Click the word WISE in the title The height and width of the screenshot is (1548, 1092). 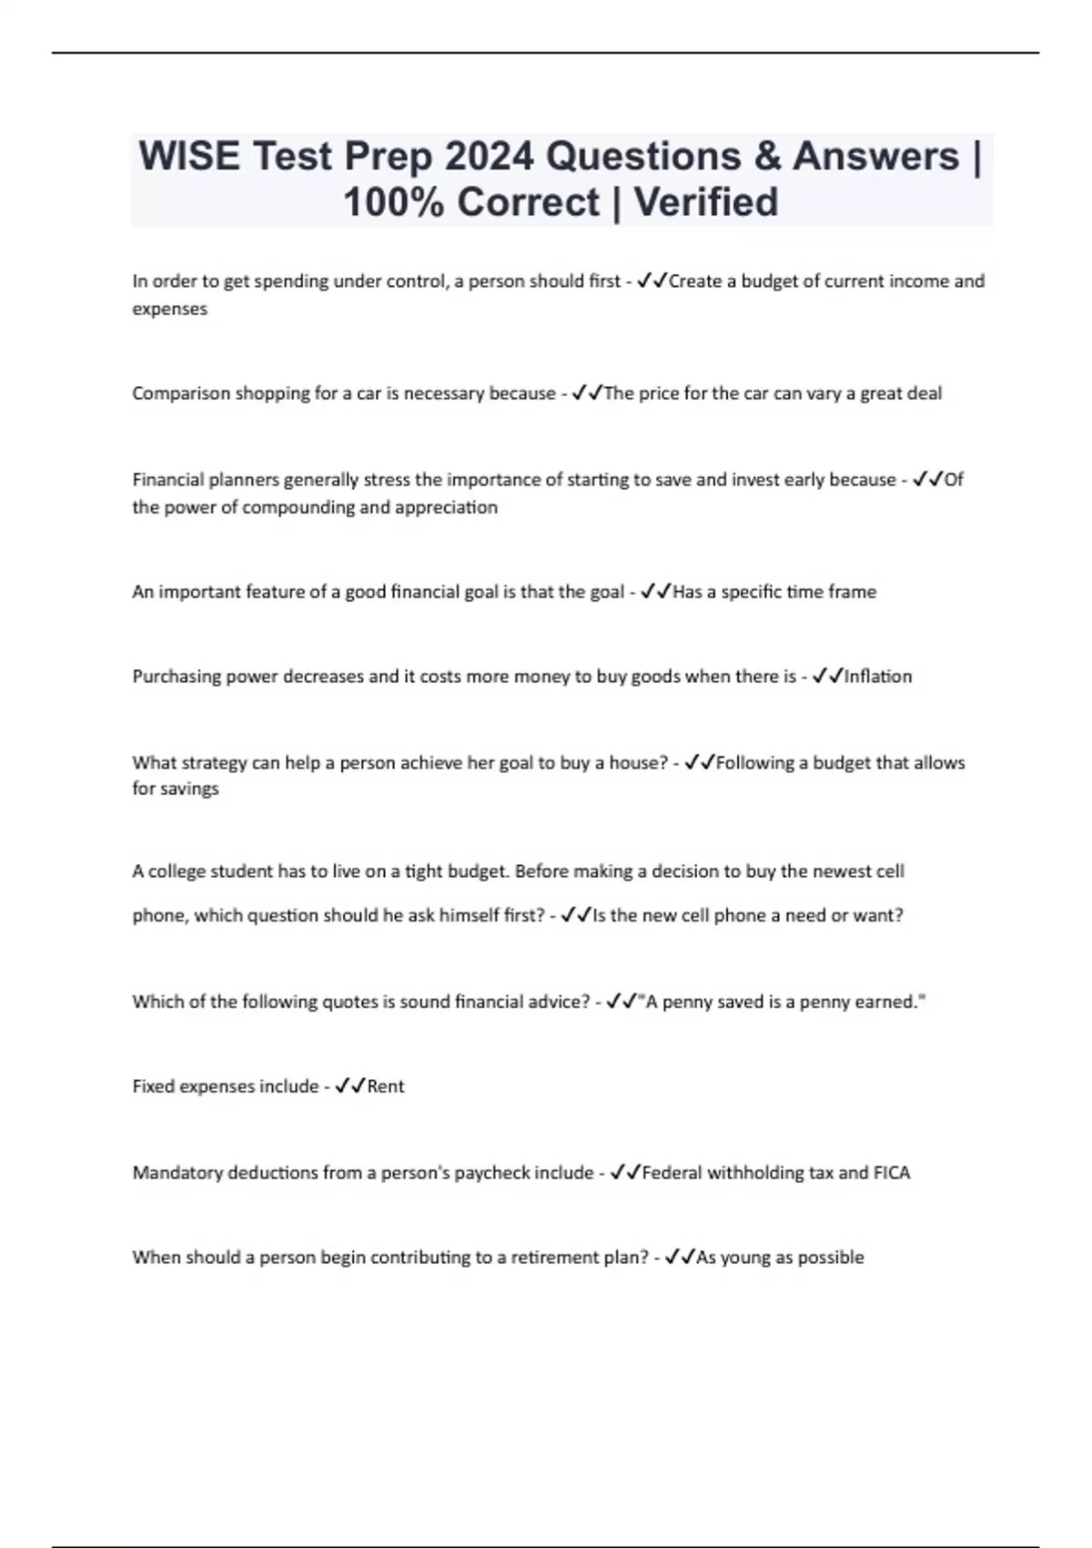click(189, 157)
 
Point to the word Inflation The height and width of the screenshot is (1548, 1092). click(878, 677)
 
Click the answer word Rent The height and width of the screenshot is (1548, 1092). click(386, 1086)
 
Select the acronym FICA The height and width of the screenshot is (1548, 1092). click(892, 1173)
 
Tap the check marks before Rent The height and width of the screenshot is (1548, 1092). click(350, 1086)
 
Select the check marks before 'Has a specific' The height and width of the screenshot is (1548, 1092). click(656, 592)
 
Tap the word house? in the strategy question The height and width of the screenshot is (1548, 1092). click(638, 763)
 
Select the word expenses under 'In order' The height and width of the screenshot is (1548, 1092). click(170, 309)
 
